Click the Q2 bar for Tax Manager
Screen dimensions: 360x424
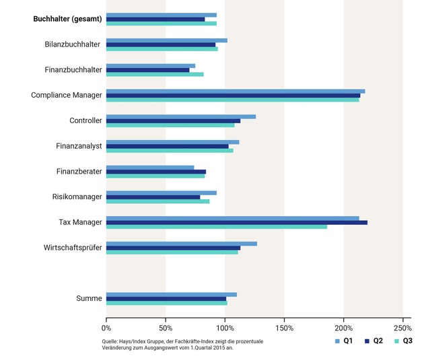click(236, 222)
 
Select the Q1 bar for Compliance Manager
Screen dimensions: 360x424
click(235, 91)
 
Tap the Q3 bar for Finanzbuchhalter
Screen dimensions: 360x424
click(155, 74)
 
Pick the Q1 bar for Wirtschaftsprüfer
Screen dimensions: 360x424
click(181, 244)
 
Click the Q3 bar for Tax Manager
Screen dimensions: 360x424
click(216, 227)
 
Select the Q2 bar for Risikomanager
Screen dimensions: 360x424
click(153, 197)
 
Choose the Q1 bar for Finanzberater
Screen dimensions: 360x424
click(149, 167)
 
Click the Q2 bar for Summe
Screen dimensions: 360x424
click(166, 299)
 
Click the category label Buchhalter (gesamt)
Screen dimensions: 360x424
click(67, 19)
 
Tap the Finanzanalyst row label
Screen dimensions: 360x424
click(79, 146)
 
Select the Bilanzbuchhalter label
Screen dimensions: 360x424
click(72, 44)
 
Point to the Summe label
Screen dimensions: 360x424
click(89, 299)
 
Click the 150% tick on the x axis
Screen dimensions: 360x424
click(284, 328)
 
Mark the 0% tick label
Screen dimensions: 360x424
click(106, 328)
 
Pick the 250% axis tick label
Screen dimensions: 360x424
click(402, 328)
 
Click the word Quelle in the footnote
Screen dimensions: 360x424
click(114, 341)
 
